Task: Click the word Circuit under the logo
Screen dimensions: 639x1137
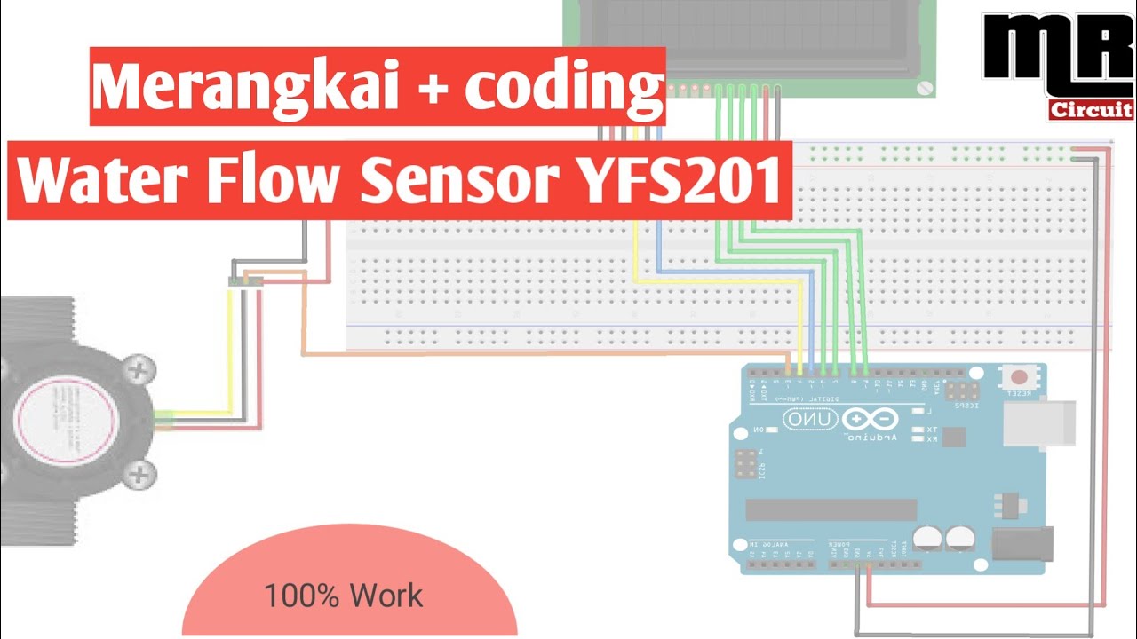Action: [x=1091, y=110]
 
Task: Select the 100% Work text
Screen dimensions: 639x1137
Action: [x=343, y=596]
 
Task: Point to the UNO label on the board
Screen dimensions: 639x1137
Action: [x=808, y=418]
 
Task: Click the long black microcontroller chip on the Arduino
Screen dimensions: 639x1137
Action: [x=831, y=509]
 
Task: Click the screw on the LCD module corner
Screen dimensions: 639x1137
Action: [x=925, y=87]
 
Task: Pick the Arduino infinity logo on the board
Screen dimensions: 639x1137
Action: [x=870, y=419]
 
